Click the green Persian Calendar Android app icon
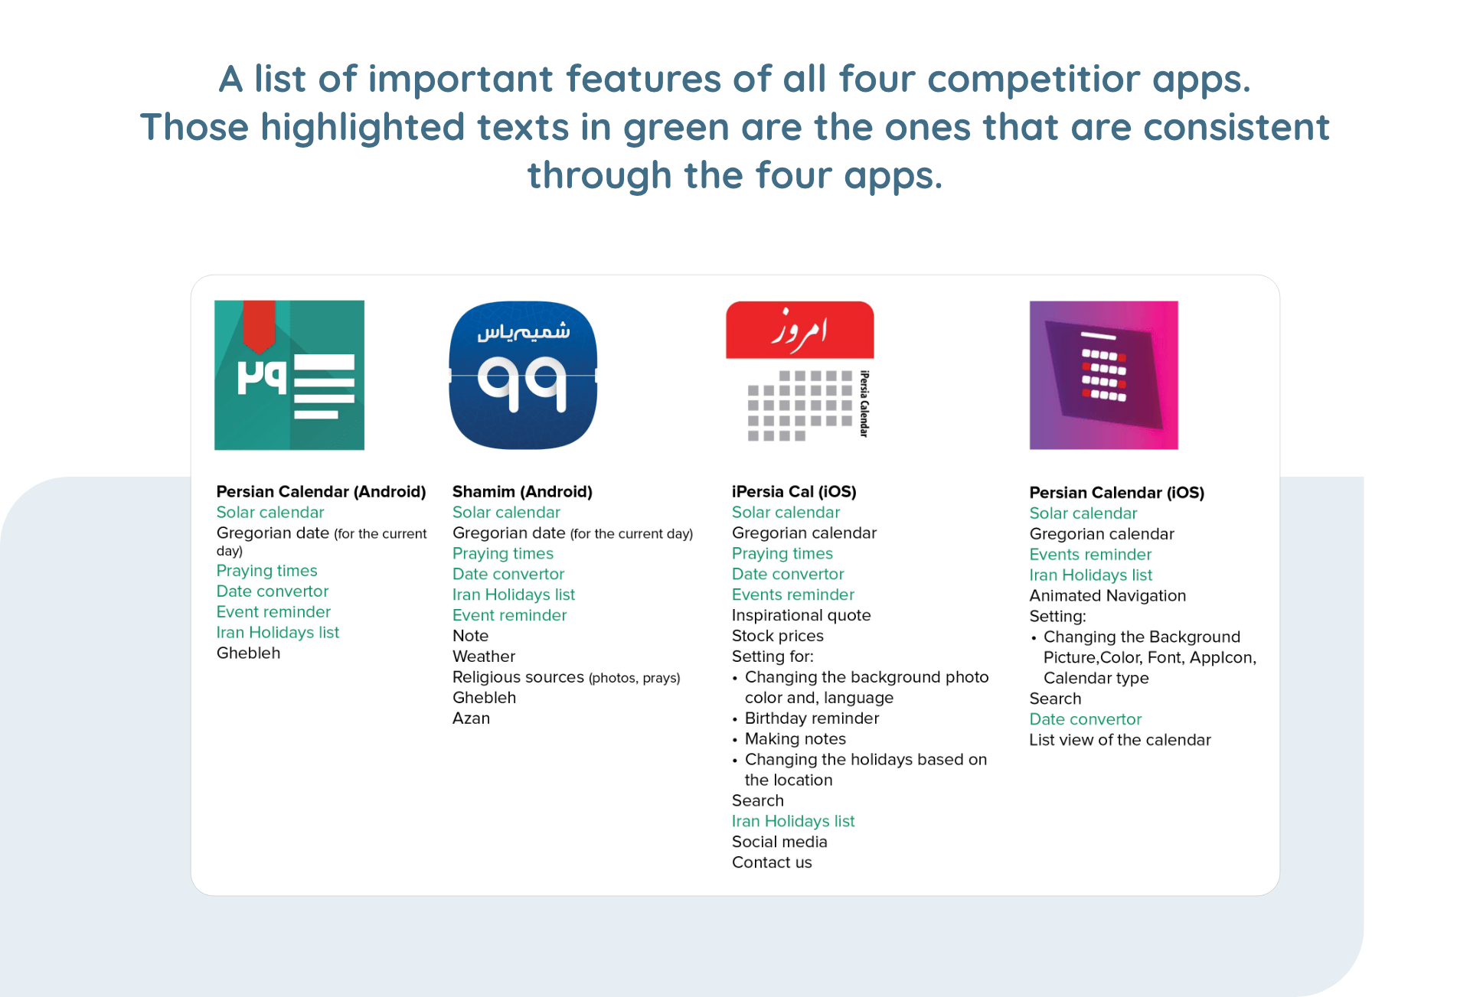289,375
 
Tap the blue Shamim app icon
523,375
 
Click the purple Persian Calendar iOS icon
1103,375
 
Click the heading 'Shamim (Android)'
522,491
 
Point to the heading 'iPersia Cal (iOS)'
794,491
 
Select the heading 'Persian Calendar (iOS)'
1116,492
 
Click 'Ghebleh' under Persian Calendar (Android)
248,653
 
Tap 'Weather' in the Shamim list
484,656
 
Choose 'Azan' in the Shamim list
471,718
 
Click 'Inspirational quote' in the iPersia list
801,615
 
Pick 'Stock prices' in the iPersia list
777,636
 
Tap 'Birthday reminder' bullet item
812,718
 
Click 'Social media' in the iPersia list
779,842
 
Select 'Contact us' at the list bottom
772,862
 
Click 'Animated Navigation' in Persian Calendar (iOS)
1107,595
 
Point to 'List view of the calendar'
1120,740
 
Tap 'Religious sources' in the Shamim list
518,677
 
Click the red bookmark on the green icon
260,325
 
